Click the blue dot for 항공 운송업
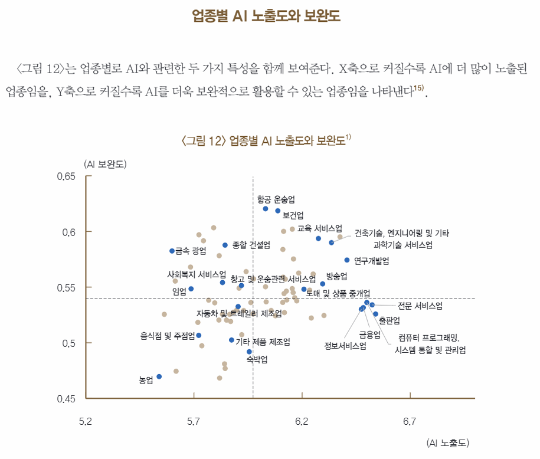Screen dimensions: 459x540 tap(266, 209)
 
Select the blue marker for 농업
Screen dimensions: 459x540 tap(159, 376)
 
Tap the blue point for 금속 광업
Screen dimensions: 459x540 tap(172, 251)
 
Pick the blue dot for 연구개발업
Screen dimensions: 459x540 tap(347, 260)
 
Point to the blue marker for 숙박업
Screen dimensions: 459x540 tap(249, 352)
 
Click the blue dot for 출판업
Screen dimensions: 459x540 tap(375, 314)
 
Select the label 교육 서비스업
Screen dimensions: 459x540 tap(319, 228)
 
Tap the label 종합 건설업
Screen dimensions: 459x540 tap(251, 244)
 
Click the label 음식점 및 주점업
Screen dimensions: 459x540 tap(168, 336)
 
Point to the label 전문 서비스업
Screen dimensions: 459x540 tap(420, 306)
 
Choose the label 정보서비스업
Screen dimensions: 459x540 tap(345, 346)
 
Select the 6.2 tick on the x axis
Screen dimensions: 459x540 tap(302, 421)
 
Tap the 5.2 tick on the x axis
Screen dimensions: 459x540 tap(86, 421)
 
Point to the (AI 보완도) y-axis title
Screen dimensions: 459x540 tap(105, 163)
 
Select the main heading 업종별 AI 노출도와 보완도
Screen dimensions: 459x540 tap(267, 15)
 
